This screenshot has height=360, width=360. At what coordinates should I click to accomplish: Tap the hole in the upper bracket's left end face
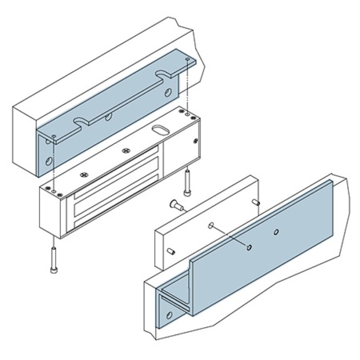[48, 160]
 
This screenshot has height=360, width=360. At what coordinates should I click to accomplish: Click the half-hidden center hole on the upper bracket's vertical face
[108, 118]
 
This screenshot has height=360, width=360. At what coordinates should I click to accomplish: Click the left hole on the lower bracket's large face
[248, 247]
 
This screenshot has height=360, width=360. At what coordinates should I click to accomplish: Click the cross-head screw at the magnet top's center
[126, 150]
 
